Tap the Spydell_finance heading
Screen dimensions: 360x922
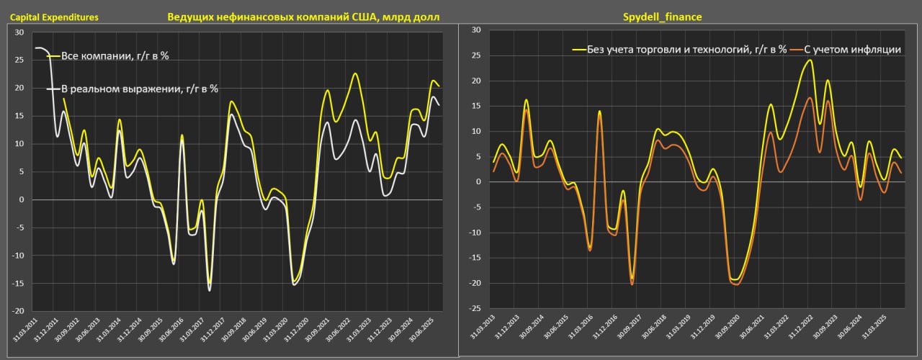coord(661,16)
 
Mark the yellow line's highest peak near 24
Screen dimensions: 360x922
coord(810,60)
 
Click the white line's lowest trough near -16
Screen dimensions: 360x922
coord(210,290)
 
